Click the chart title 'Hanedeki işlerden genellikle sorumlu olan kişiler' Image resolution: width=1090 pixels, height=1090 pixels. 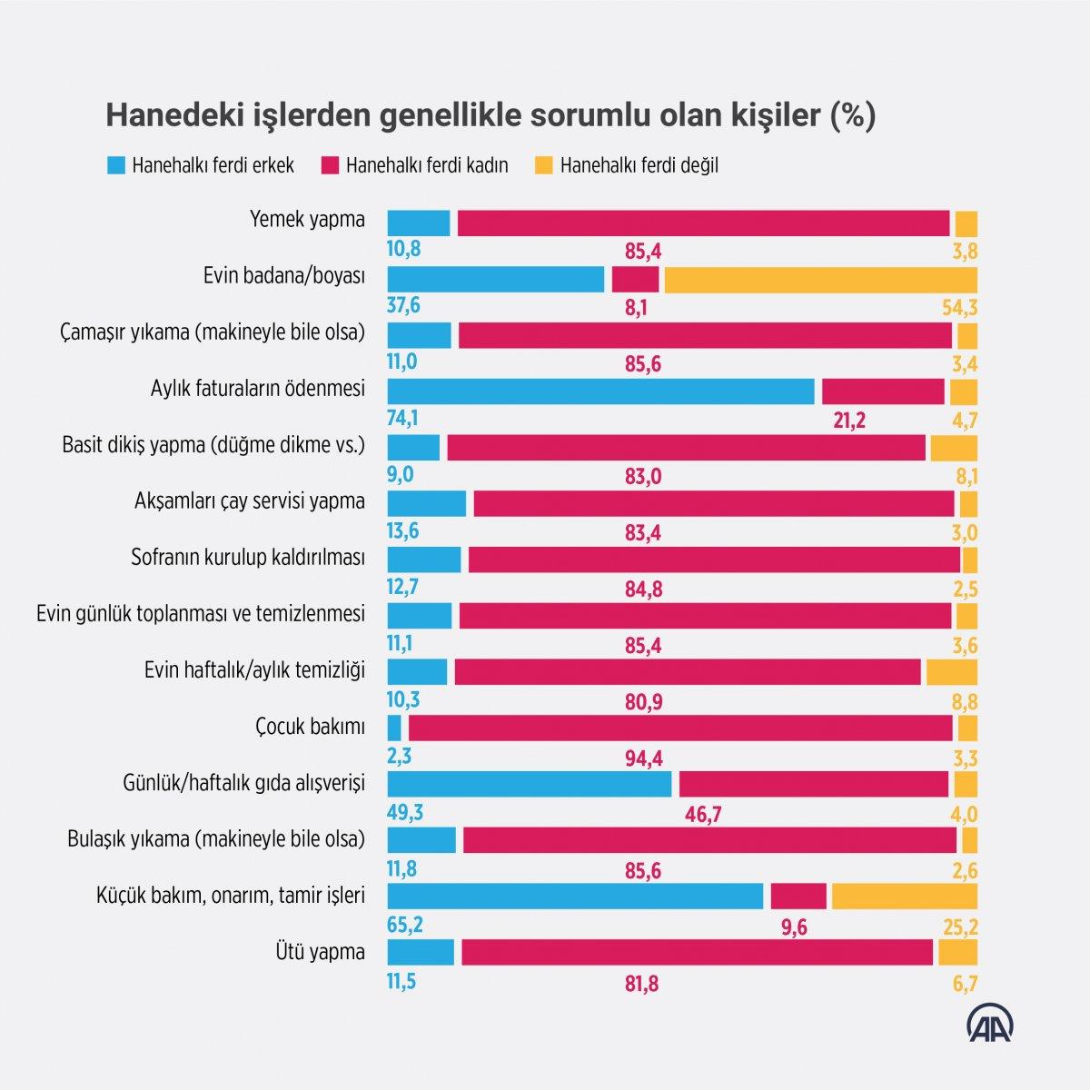tap(490, 116)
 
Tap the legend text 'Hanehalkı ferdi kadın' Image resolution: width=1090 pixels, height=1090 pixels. tap(427, 165)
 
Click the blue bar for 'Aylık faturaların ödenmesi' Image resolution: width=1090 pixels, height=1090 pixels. tap(600, 391)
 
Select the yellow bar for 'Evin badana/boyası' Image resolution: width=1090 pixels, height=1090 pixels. tap(820, 280)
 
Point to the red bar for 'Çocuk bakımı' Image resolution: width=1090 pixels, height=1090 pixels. tap(680, 728)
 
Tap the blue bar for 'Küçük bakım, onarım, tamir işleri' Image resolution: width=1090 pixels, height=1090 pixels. tap(575, 896)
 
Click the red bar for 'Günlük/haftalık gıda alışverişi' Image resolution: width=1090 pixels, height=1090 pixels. tap(813, 784)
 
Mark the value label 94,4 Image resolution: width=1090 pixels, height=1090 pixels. tap(643, 758)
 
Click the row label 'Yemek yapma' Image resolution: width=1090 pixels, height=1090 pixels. tap(307, 220)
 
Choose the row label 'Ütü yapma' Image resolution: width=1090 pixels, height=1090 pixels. tap(319, 952)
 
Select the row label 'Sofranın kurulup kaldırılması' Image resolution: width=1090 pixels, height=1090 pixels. tap(248, 557)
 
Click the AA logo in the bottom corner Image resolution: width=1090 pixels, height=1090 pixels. tap(989, 1023)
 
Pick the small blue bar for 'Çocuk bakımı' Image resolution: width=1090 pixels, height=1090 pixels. tap(394, 728)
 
